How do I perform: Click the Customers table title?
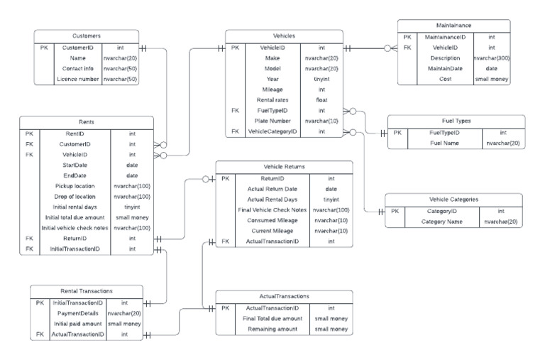coord(86,36)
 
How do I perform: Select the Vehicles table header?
coord(284,36)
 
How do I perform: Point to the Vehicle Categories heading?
coord(453,200)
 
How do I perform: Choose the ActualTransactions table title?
coord(284,296)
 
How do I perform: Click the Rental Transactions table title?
coord(86,290)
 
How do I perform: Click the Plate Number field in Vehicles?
coord(272,121)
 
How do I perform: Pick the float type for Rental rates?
coord(321,100)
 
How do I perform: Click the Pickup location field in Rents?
coord(75,186)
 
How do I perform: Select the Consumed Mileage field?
coord(272,221)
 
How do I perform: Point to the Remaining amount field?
coord(273,329)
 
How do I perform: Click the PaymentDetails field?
coord(78,312)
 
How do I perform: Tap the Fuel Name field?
coord(445,143)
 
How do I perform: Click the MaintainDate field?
coord(446,69)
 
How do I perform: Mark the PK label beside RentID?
coord(29,133)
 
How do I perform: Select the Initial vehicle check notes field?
coord(75,228)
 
